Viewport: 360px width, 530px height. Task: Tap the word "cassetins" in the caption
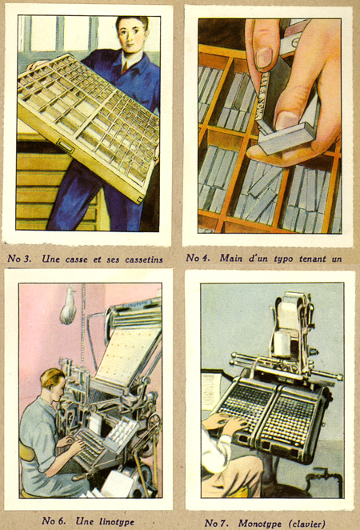pos(144,259)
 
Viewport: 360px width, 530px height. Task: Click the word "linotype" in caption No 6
pos(117,521)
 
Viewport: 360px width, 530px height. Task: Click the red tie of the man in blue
pos(125,67)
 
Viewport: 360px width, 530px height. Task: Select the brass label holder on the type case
pos(65,146)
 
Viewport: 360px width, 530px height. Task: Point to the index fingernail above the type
pos(264,58)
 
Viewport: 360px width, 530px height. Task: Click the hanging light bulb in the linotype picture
pos(68,306)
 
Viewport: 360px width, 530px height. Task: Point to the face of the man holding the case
pos(132,35)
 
